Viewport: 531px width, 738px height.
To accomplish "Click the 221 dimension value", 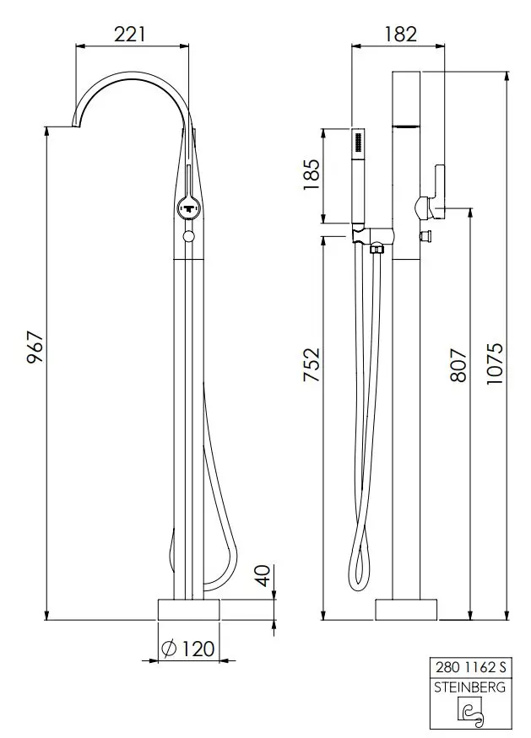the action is click(x=130, y=34).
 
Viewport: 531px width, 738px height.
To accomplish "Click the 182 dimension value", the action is click(x=400, y=34).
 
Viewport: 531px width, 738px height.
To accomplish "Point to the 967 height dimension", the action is click(x=35, y=347).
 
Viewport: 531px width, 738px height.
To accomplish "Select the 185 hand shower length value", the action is click(x=312, y=175).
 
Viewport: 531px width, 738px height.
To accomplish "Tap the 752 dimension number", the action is click(x=312, y=364).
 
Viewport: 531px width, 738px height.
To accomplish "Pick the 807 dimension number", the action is click(x=458, y=365).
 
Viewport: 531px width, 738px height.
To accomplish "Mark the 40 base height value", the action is click(x=264, y=575).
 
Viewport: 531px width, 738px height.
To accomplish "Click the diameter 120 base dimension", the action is click(x=188, y=649).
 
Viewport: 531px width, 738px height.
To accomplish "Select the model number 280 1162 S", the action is click(x=470, y=667).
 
